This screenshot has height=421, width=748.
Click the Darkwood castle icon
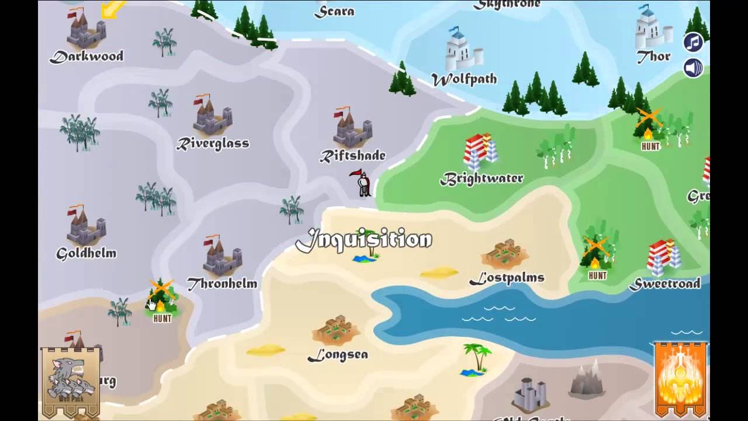(x=86, y=29)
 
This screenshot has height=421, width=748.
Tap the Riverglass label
(x=213, y=143)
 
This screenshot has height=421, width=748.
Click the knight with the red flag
(x=362, y=183)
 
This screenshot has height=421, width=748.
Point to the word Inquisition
(x=363, y=240)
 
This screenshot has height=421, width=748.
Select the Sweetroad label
(x=664, y=284)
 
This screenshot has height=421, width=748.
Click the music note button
(x=693, y=42)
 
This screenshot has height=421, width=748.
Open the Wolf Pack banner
(x=70, y=380)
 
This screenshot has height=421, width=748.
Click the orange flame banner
(x=681, y=379)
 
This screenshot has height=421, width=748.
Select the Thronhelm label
(x=222, y=284)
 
